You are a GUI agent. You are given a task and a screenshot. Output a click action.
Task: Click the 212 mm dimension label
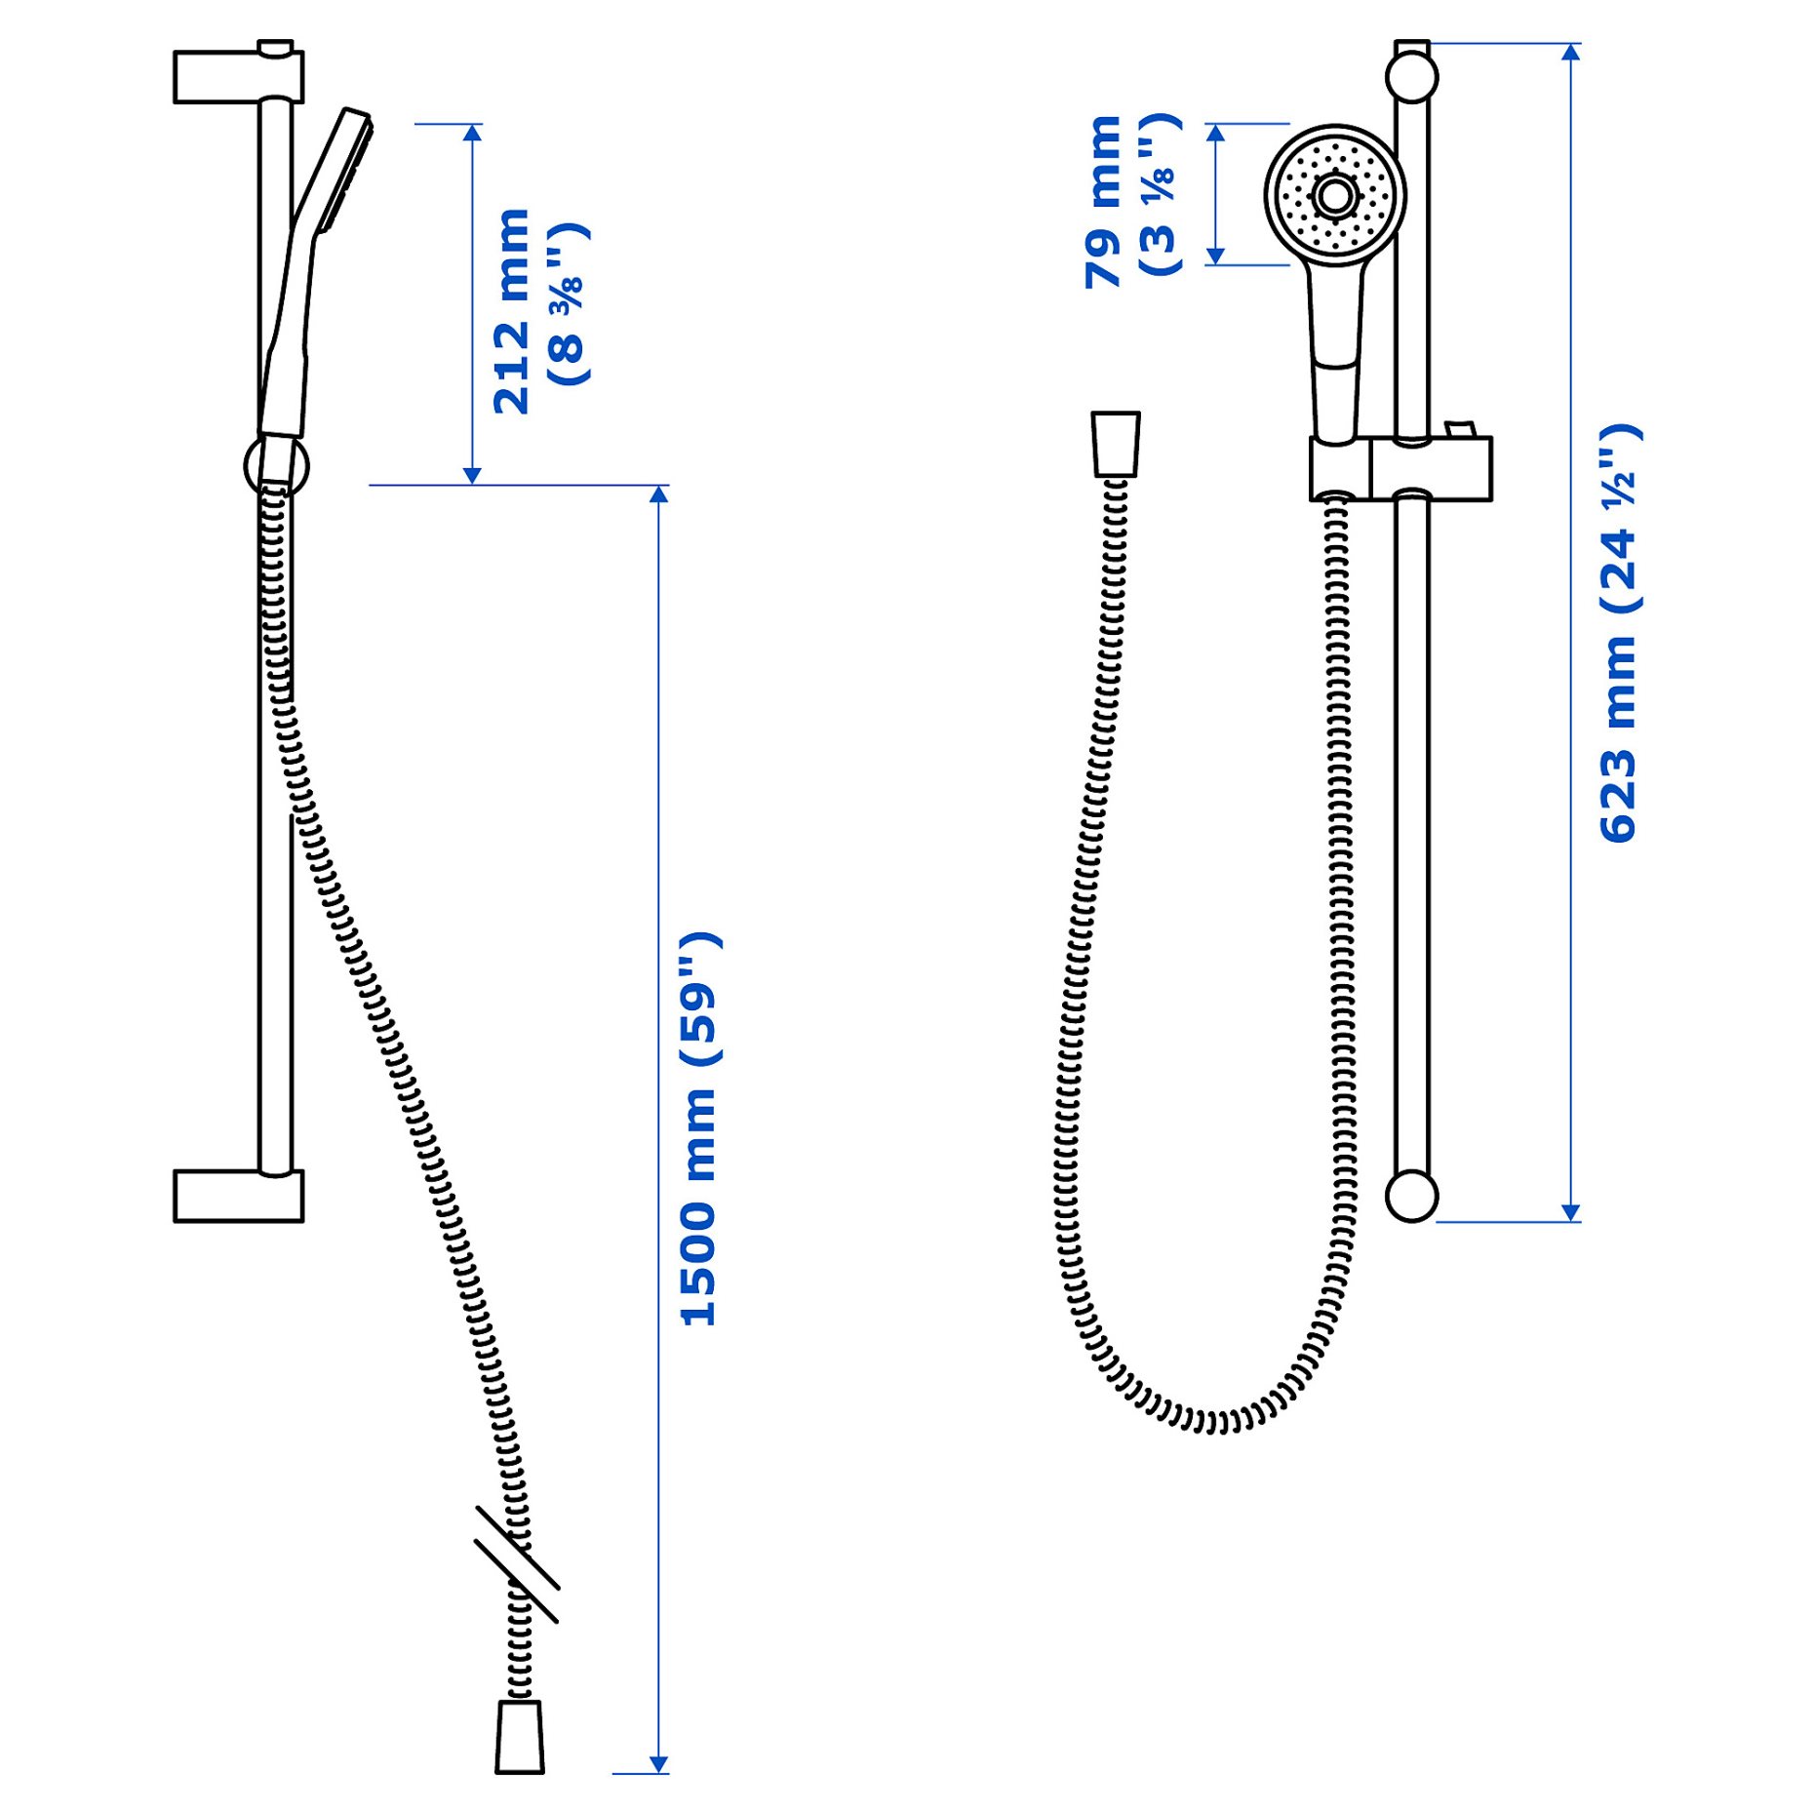pos(511,312)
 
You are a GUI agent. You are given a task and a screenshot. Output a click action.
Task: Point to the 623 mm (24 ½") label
pos(1619,634)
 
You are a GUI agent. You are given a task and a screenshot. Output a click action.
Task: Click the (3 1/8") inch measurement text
pos(1161,194)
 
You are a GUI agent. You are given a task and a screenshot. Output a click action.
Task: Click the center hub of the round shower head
pos(1334,196)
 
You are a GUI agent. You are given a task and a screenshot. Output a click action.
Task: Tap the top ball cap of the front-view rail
pos(1411,77)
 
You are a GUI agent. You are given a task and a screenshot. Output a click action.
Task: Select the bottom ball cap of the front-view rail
pos(1411,1196)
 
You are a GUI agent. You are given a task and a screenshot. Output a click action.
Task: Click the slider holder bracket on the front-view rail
pos(1400,469)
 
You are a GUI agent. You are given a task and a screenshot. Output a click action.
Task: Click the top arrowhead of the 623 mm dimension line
pos(1570,52)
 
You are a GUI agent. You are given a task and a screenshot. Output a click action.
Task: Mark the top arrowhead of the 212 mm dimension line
pos(472,133)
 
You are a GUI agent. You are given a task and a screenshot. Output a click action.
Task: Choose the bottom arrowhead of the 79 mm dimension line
pos(1215,256)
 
